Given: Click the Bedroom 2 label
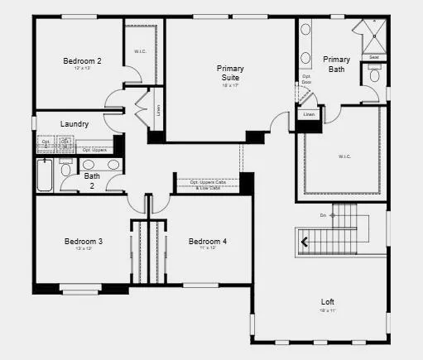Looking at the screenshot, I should pos(82,60).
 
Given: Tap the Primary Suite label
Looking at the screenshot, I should pos(230,72).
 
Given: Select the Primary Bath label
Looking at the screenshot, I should pos(336,64).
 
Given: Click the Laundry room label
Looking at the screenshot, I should pos(75,124).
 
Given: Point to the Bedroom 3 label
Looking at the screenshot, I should pos(84,242).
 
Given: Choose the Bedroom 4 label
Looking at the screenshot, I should pos(207,242).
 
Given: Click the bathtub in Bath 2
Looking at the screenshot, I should pos(45,175).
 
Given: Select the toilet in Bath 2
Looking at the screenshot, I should pos(66,171).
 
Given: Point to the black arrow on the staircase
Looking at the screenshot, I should pos(307,242).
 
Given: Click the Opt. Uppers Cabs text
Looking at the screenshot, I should pos(208,181).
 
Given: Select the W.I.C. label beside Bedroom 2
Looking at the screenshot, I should pos(140,51).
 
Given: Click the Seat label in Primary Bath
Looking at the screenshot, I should pos(374,57).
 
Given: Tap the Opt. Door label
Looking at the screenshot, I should pos(306,79).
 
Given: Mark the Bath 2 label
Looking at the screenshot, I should pos(91,180).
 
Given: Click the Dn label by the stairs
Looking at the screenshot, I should pos(324,215).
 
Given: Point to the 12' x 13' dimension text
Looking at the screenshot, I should pos(82,68).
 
